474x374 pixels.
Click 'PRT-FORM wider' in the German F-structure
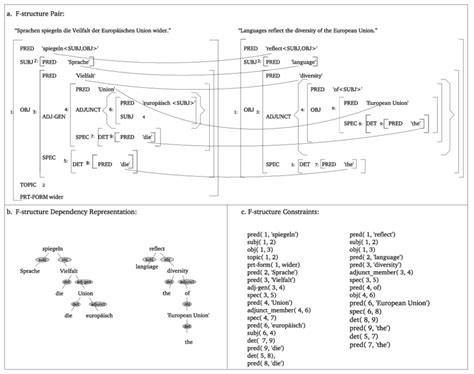pos(48,196)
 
